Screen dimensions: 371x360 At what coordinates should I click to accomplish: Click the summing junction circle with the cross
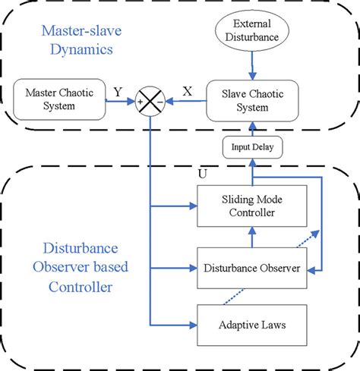point(151,100)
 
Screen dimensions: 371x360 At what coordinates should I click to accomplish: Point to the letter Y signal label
point(118,92)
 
